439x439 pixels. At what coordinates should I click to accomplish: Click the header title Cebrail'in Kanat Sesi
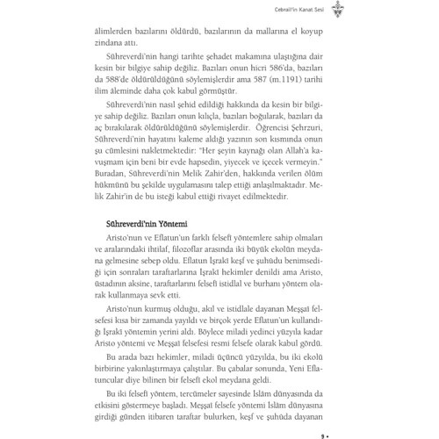(x=277, y=11)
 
